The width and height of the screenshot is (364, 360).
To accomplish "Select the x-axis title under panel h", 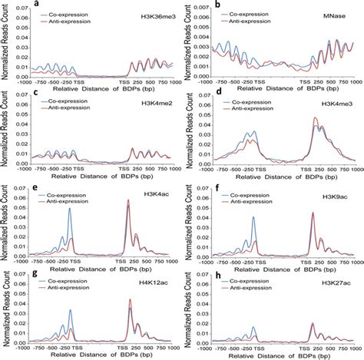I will coord(287,355).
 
